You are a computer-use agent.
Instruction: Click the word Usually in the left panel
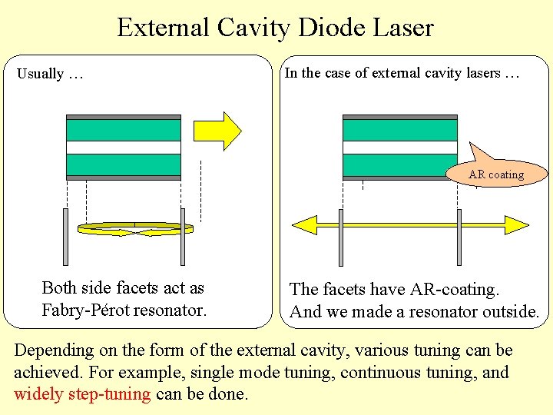click(41, 74)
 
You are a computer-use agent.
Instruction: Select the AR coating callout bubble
click(496, 174)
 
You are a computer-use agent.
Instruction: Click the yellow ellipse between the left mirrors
click(136, 228)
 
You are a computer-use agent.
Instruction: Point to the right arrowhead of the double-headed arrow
click(515, 224)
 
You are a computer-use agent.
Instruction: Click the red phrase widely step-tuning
click(82, 394)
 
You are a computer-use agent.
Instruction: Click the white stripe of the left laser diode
click(124, 148)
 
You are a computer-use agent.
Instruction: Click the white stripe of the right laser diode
click(399, 148)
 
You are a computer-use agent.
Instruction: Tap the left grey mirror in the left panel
click(66, 236)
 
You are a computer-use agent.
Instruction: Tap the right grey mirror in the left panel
click(183, 236)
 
